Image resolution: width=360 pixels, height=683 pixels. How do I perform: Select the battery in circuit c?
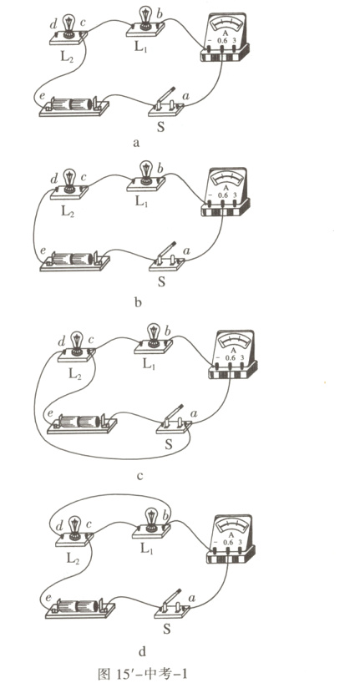(82, 422)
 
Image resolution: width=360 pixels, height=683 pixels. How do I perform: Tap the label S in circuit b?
(161, 282)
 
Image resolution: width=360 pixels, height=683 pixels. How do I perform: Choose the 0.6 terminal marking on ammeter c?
(230, 358)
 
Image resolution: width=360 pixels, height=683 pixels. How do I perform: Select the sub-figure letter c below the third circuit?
(139, 477)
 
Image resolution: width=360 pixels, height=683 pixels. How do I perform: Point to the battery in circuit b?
(74, 261)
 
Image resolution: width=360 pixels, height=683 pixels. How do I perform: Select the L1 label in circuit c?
(150, 363)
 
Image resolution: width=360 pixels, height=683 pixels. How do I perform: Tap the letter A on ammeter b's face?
(226, 188)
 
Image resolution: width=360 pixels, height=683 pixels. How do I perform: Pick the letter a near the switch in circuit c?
(194, 412)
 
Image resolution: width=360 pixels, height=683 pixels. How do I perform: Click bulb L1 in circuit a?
(145, 22)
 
